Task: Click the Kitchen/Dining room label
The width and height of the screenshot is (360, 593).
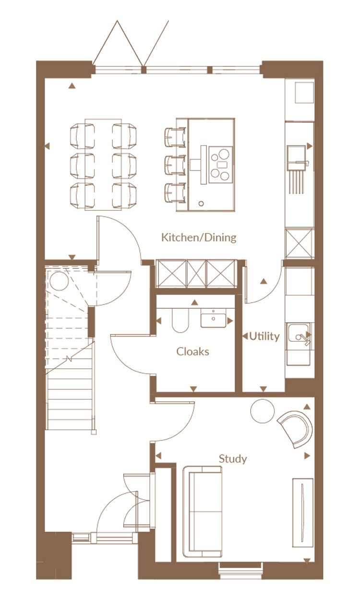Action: coord(199,238)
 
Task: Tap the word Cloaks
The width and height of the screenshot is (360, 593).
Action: coord(192,351)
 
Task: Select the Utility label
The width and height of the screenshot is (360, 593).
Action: coord(264,336)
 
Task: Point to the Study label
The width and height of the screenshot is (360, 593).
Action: coord(233,459)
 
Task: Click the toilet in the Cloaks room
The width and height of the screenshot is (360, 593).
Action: coord(180,320)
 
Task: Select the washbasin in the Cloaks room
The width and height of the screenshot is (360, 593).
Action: coord(213,318)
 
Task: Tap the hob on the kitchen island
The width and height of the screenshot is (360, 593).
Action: coord(221,165)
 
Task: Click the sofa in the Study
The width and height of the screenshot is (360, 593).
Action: coord(203,512)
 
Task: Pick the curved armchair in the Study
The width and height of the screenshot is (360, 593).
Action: coord(296,429)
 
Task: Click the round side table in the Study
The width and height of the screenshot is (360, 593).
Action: coord(263,411)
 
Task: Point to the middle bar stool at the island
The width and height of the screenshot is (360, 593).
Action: coord(175,166)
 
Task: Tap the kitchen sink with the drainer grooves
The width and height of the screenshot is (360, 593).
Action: coord(298,169)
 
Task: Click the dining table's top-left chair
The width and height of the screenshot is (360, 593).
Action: coord(83,136)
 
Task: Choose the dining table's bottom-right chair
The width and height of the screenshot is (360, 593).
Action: coord(124,195)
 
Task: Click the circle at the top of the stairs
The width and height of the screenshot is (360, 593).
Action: coord(60,281)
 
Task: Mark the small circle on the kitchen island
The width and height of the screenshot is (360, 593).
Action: coord(201,204)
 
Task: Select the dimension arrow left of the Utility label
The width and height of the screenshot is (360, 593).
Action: coord(245,336)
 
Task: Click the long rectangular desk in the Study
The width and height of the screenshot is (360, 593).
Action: coord(303,513)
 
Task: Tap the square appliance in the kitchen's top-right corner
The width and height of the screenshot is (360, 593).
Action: coord(304,92)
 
